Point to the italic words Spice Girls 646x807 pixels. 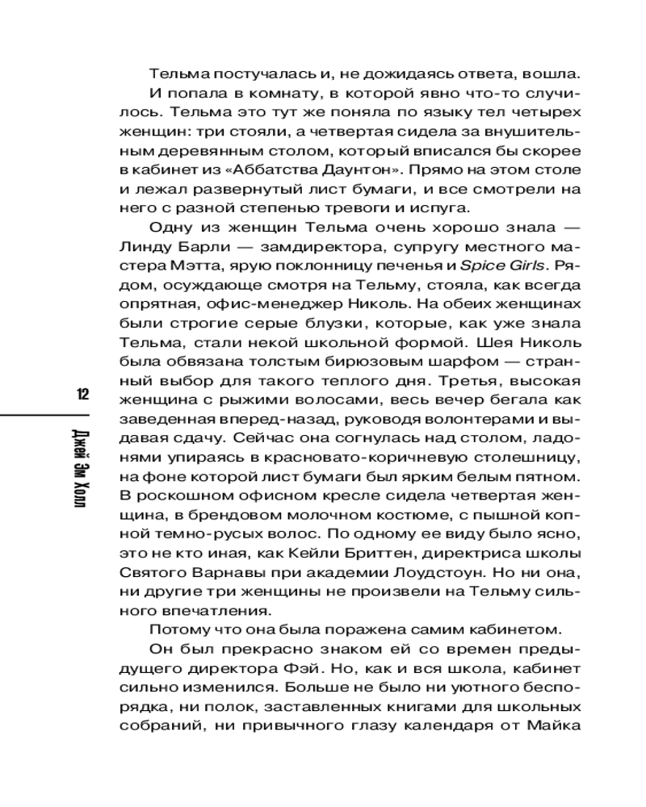point(504,265)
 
